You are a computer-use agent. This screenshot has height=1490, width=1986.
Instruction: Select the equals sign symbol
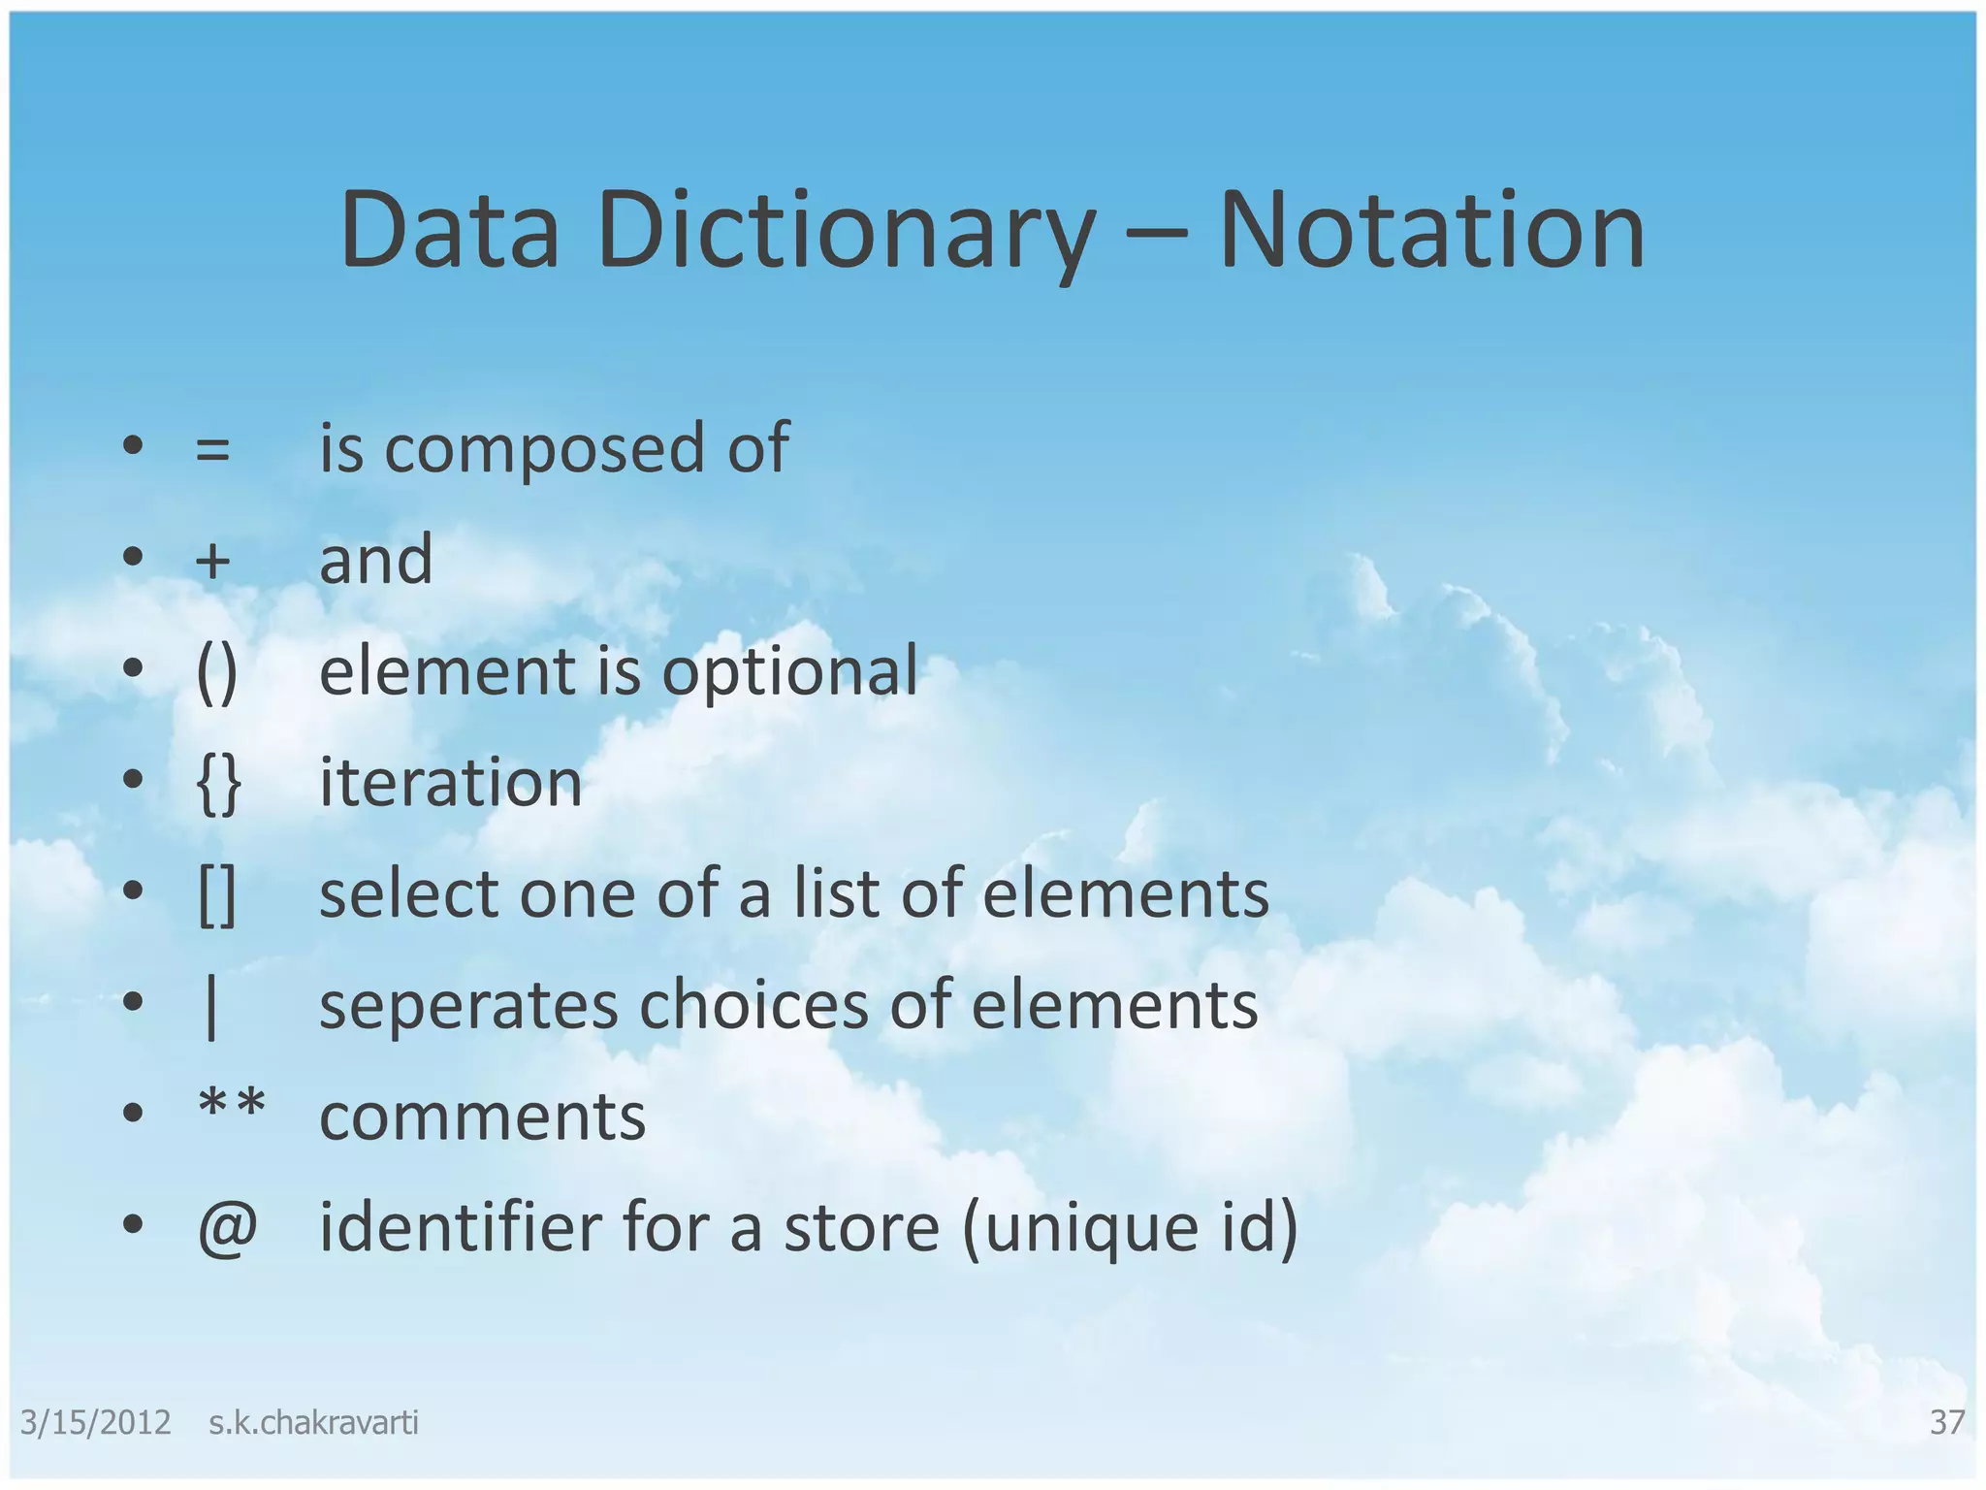tap(213, 450)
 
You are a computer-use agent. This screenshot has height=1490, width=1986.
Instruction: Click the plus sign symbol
tap(213, 562)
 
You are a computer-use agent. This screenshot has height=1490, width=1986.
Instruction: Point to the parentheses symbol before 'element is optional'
tap(216, 672)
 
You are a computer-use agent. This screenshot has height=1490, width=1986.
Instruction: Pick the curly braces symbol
tap(218, 784)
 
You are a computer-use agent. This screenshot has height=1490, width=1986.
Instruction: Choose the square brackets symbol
tap(216, 894)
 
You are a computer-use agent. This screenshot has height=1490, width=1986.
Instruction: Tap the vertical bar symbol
tap(211, 1007)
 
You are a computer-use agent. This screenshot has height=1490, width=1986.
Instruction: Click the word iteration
tap(451, 782)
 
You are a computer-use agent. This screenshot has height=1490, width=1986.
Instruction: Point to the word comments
tap(482, 1117)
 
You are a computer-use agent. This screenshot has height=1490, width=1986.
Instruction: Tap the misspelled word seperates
tap(468, 1006)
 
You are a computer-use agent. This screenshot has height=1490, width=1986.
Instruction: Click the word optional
tap(789, 671)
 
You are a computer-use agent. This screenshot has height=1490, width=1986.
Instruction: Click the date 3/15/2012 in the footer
tap(95, 1422)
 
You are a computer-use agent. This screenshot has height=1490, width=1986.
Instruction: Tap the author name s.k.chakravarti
tap(313, 1422)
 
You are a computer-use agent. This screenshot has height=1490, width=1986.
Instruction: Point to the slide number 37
tap(1947, 1422)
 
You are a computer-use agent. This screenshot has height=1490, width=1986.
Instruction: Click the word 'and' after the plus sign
tap(376, 561)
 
